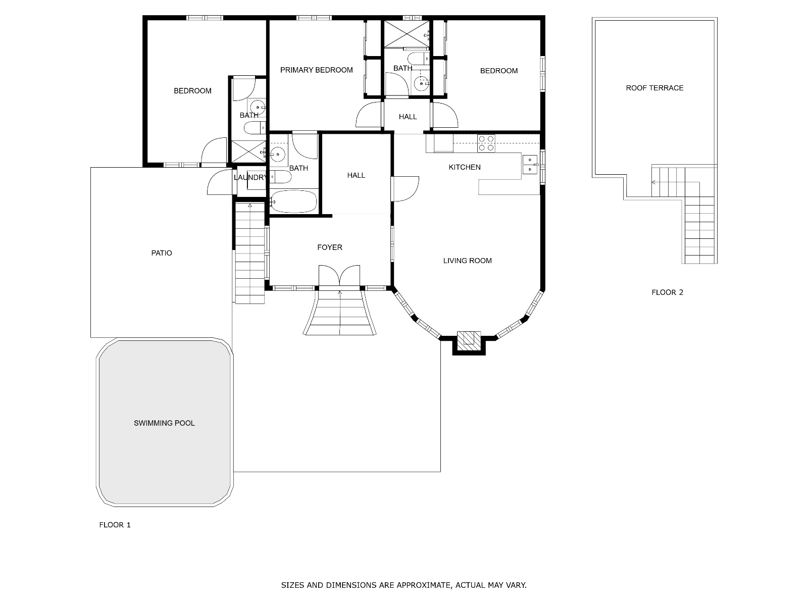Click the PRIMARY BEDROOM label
click(316, 70)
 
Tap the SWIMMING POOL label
click(164, 423)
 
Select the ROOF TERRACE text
click(654, 88)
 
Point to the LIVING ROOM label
click(467, 261)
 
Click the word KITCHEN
click(465, 167)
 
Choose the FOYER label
click(330, 247)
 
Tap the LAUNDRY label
click(250, 177)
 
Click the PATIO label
click(162, 253)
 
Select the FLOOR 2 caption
click(668, 292)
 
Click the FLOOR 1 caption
click(115, 525)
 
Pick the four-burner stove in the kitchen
click(486, 143)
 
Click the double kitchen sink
click(530, 165)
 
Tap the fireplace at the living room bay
click(469, 343)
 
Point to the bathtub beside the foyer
click(294, 201)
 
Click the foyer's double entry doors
click(339, 276)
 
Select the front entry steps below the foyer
click(339, 313)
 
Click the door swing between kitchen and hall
click(405, 189)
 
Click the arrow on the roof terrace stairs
click(654, 182)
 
